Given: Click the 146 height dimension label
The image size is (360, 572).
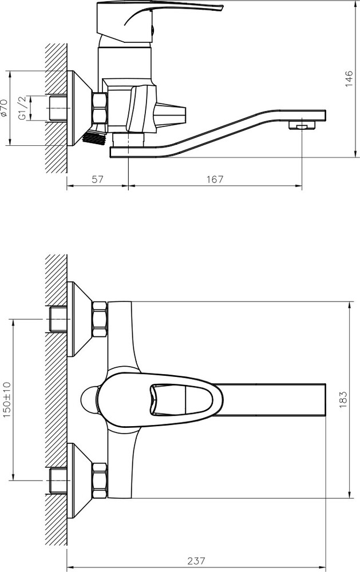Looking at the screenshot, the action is point(349,78).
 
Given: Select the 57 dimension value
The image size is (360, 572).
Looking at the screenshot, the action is point(98,179).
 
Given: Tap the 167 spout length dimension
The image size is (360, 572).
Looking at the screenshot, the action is point(215,179).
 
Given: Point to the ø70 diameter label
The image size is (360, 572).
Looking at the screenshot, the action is point(4,108).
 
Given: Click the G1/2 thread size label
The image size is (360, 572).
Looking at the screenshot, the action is point(22,108).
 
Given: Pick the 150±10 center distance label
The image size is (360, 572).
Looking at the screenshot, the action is point(7,400).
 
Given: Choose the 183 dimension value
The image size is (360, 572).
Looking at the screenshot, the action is point(343,399).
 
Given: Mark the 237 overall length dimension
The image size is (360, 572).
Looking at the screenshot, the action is point(196,561).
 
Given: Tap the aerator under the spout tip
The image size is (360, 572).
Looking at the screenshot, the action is point(302,125).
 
